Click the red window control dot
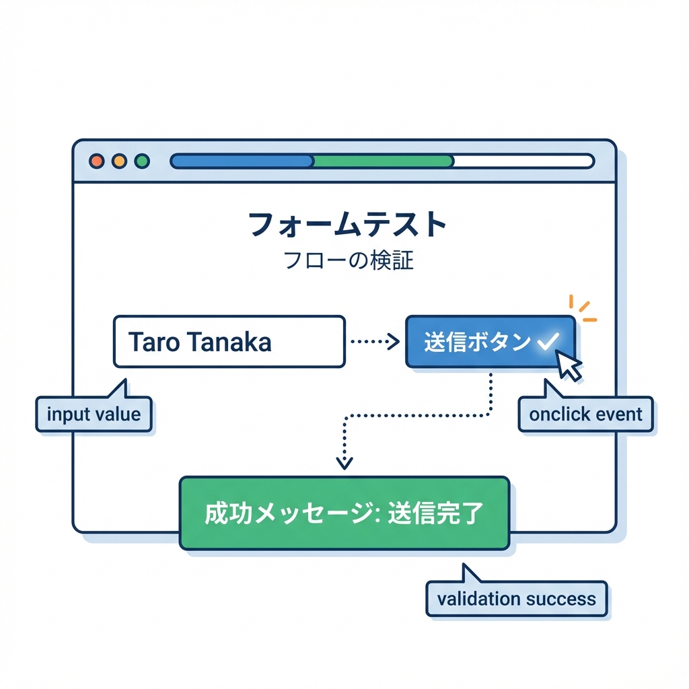96,161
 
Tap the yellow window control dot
119,161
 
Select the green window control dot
142,161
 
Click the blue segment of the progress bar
242,161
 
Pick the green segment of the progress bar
384,161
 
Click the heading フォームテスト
347,225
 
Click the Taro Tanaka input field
229,342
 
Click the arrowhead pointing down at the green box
344,463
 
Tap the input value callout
94,413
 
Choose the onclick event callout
586,414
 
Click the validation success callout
516,598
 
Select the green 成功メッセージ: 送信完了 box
344,513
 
